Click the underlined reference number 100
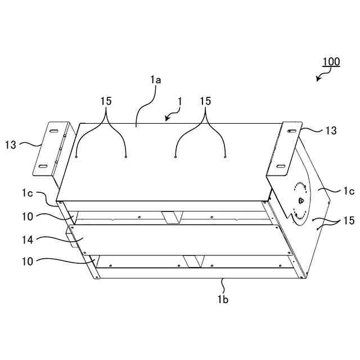coord(331,61)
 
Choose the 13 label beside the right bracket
coord(331,130)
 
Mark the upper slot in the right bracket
coord(292,131)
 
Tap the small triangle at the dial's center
coord(300,200)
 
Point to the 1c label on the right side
coord(349,191)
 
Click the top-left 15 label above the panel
coord(106,101)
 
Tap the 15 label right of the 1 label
coord(205,101)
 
